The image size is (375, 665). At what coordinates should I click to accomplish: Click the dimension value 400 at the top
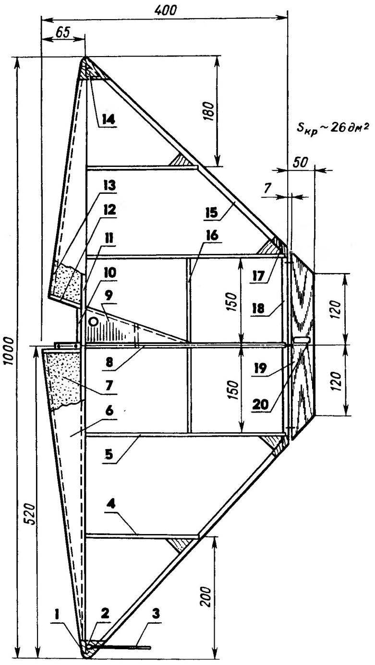166,10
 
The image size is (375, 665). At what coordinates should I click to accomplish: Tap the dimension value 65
63,32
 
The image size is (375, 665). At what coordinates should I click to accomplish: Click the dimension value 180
209,111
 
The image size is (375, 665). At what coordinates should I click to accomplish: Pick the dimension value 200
206,597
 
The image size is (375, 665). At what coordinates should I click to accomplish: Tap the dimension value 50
300,163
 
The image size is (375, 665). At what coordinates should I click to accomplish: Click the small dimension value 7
268,189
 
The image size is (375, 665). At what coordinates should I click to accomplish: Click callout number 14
108,119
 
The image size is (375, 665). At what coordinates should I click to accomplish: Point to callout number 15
212,213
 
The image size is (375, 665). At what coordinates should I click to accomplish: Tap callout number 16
212,236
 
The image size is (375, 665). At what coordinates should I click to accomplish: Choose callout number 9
109,296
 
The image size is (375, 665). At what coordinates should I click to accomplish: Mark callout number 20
260,404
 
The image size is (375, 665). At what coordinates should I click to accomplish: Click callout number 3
156,614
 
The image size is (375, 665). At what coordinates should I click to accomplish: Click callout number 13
109,186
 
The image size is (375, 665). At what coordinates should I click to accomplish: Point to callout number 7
109,385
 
